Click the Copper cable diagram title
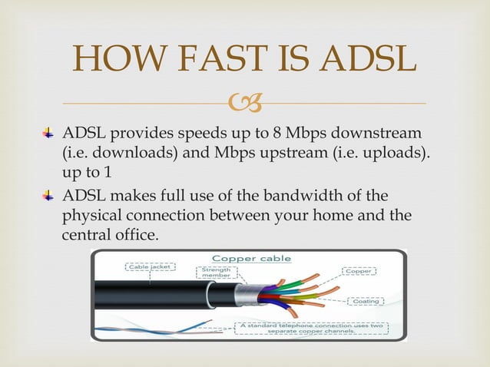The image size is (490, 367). point(245,259)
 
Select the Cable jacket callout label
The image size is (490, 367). point(150,267)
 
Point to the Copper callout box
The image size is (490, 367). point(359,270)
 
